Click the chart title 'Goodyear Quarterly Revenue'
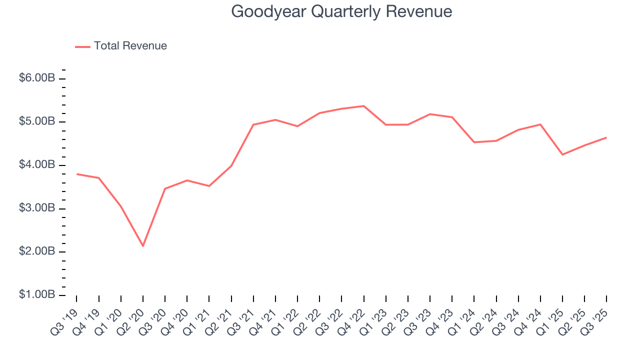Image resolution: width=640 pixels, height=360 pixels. [x=341, y=11]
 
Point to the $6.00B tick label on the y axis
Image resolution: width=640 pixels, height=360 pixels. [x=37, y=78]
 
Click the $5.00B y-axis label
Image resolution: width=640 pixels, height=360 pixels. [x=37, y=121]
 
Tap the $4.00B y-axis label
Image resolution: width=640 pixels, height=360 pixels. [x=37, y=165]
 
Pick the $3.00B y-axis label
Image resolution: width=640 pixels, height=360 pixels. [x=37, y=208]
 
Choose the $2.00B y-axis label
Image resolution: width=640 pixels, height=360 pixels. [x=37, y=251]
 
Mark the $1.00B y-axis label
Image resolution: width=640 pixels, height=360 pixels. [x=37, y=294]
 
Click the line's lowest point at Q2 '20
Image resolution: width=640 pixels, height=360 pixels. [x=143, y=246]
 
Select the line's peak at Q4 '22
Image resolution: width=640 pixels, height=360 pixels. [x=363, y=106]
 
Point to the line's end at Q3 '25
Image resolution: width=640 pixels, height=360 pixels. [x=606, y=137]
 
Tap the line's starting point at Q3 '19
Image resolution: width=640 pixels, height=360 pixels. [x=76, y=174]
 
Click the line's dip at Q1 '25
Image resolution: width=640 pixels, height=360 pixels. [x=562, y=154]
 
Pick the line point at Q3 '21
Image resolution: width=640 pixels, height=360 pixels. [x=253, y=124]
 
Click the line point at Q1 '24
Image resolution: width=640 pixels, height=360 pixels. [x=474, y=142]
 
